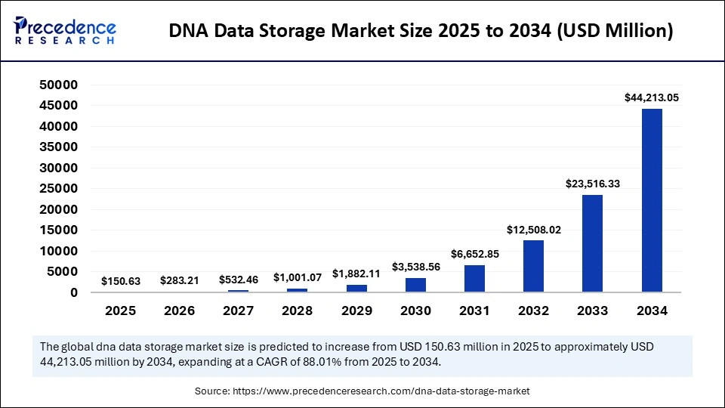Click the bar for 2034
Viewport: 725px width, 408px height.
pyautogui.click(x=652, y=200)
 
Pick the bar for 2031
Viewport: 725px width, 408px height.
pyautogui.click(x=475, y=278)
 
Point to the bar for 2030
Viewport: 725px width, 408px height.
pyautogui.click(x=415, y=285)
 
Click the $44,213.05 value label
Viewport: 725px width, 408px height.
pyautogui.click(x=652, y=97)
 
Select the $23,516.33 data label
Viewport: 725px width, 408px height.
pyautogui.click(x=593, y=183)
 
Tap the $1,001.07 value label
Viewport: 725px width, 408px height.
pyautogui.click(x=298, y=277)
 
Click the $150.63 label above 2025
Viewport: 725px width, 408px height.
pyautogui.click(x=120, y=281)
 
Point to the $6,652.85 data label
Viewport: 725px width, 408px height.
pyautogui.click(x=475, y=253)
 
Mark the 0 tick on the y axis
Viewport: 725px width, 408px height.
pyautogui.click(x=73, y=292)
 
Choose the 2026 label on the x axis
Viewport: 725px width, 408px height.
pyautogui.click(x=179, y=311)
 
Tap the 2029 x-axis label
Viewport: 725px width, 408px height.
pyautogui.click(x=356, y=311)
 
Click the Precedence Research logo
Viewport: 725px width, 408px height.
pyautogui.click(x=65, y=31)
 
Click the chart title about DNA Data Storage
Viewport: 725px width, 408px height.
pyautogui.click(x=421, y=31)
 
